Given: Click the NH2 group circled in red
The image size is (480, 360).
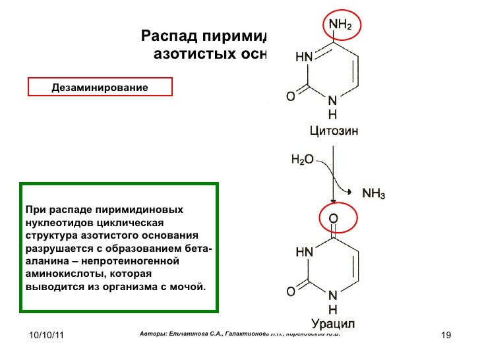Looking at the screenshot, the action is pos(340,26).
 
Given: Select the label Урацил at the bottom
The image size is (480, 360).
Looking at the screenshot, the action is pos(333,323).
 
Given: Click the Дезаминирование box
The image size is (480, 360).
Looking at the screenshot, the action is pos(100,87).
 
